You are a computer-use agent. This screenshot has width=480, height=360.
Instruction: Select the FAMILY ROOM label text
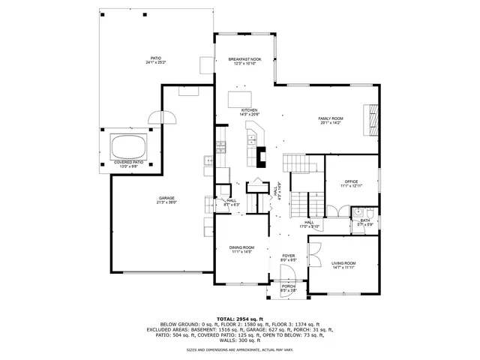331,118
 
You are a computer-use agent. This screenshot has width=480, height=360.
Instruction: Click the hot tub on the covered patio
128,145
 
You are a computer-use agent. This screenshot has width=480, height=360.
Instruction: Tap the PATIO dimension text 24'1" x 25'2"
157,63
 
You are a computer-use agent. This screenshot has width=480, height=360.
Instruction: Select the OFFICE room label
351,181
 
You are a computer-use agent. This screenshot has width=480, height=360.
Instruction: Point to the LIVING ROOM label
343,263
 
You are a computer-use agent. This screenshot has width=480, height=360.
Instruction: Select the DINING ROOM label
242,247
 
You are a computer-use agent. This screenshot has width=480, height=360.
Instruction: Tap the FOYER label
288,256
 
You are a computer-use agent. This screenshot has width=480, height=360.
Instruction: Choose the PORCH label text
288,286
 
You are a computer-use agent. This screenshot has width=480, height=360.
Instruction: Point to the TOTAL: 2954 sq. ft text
240,319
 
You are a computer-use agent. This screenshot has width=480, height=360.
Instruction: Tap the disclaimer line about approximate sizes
240,349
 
